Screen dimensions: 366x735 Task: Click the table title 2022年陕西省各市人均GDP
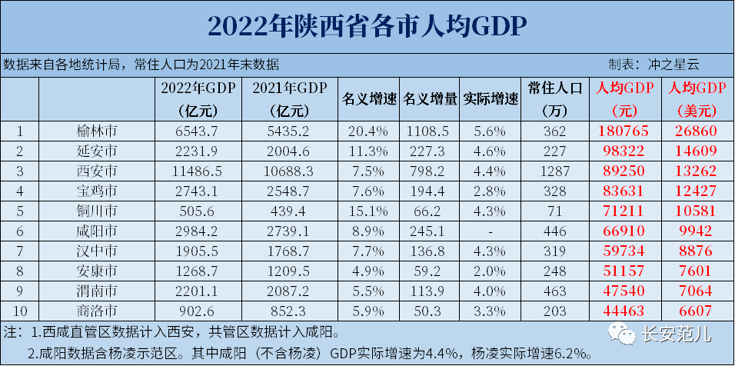(x=367, y=27)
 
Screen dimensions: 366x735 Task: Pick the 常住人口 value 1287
(x=558, y=171)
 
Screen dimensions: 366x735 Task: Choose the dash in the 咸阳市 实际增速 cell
(x=491, y=231)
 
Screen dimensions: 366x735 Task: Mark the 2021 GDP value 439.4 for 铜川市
(x=290, y=211)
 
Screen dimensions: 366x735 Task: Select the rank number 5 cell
(x=20, y=211)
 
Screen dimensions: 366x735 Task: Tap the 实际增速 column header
(x=491, y=99)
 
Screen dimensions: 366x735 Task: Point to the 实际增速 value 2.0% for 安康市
(x=491, y=271)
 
